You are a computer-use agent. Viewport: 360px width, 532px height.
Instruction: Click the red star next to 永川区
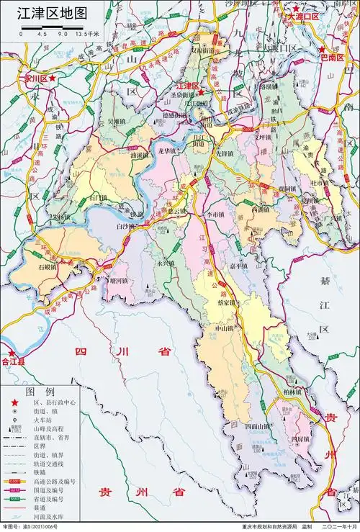[x=52, y=76]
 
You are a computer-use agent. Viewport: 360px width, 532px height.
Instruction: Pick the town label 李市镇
[x=216, y=214]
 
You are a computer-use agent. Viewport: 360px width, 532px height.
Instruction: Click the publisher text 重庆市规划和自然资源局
[x=253, y=527]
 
